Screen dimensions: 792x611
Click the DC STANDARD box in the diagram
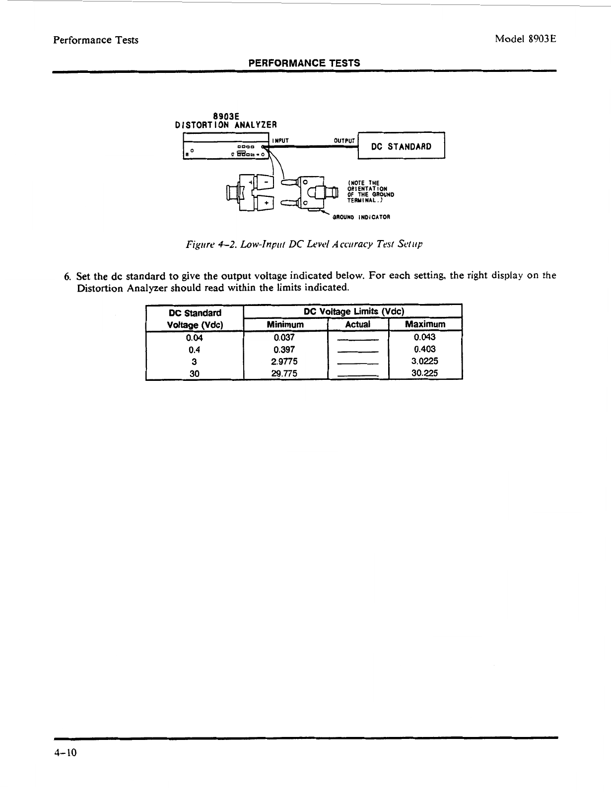pos(402,146)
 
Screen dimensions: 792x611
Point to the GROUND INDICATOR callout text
pos(361,217)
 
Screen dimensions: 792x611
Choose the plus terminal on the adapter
pos(267,203)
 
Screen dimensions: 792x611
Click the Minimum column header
pos(285,324)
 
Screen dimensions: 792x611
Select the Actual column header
pos(357,324)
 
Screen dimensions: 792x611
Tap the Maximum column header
pos(425,324)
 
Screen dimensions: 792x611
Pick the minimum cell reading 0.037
pos(284,337)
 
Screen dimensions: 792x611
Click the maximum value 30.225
pos(425,373)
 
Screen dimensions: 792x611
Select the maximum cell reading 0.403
pos(425,349)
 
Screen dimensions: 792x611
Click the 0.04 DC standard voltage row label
pos(195,338)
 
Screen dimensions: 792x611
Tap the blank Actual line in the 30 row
pos(357,376)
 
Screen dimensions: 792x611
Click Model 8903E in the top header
pos(524,40)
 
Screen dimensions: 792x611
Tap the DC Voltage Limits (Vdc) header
pos(354,311)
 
